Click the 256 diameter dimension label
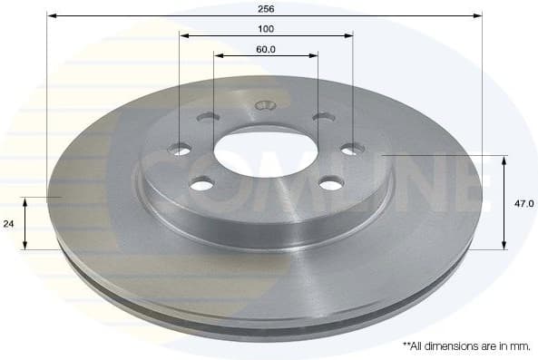pyautogui.click(x=266, y=7)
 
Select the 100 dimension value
pyautogui.click(x=266, y=29)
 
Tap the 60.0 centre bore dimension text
pyautogui.click(x=266, y=49)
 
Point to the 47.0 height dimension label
pyautogui.click(x=523, y=204)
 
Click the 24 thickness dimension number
pyautogui.click(x=10, y=222)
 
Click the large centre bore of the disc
pyautogui.click(x=265, y=147)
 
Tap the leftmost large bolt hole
pyautogui.click(x=181, y=150)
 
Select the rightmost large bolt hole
pyautogui.click(x=351, y=149)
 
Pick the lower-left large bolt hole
pyautogui.click(x=201, y=184)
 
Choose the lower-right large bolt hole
pyautogui.click(x=331, y=184)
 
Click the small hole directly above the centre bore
pyautogui.click(x=265, y=104)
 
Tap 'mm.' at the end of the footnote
pyautogui.click(x=520, y=345)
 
